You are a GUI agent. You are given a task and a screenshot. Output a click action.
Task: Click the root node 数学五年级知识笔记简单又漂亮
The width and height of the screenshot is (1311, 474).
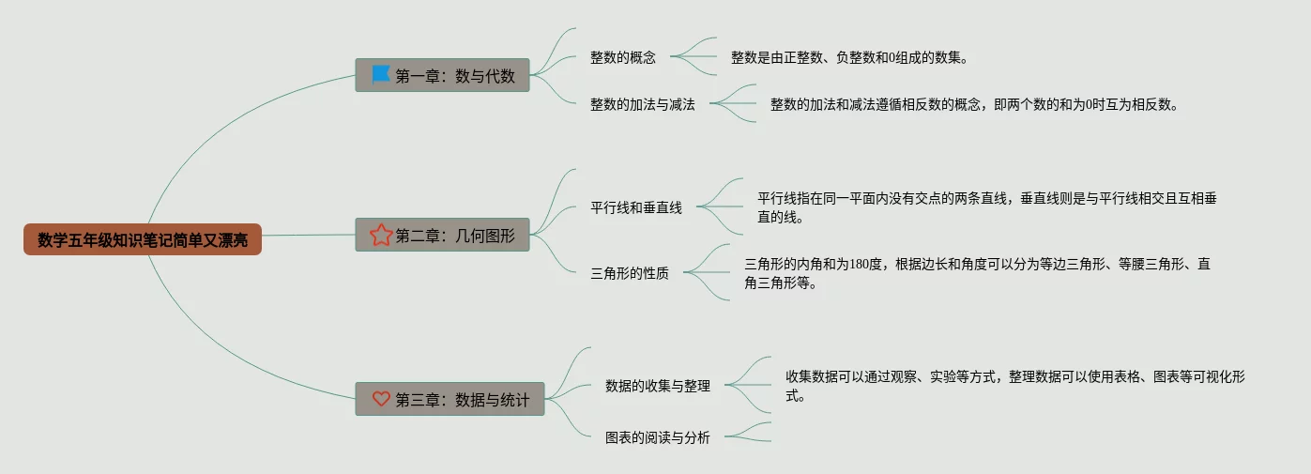coord(143,240)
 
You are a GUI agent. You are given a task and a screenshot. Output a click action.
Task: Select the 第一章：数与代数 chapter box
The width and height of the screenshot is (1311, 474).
coord(442,75)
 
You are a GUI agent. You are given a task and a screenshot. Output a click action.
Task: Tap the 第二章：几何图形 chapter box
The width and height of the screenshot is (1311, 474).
coord(442,235)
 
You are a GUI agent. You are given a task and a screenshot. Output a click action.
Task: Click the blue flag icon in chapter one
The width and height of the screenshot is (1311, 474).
coord(380,74)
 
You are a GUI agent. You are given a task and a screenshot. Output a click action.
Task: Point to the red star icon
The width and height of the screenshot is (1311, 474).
coord(380,235)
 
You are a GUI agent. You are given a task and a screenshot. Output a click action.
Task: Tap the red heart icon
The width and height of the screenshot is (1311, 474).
coord(380,399)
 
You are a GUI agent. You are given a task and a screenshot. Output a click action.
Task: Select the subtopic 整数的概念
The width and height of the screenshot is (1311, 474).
coord(623,57)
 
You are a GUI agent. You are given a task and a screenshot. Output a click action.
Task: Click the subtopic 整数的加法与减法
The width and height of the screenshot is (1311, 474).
coord(643,105)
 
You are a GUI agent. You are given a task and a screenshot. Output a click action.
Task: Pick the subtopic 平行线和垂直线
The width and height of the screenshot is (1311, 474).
coord(636,208)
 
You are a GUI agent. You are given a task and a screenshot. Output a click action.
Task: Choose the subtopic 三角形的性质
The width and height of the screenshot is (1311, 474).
coord(630,274)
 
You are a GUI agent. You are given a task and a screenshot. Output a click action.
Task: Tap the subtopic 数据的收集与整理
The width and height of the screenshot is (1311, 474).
coord(658,386)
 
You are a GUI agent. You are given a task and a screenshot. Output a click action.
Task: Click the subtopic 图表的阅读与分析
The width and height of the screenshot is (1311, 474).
coord(658,437)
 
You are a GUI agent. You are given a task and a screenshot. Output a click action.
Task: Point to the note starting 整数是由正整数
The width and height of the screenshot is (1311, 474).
coord(848,57)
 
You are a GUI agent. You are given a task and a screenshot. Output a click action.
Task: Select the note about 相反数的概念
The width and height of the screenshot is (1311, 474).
coord(973,105)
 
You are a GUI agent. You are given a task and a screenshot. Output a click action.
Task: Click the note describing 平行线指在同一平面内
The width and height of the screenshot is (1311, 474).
coord(987,207)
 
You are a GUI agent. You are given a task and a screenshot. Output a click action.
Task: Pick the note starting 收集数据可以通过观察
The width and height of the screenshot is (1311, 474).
coord(1014,386)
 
